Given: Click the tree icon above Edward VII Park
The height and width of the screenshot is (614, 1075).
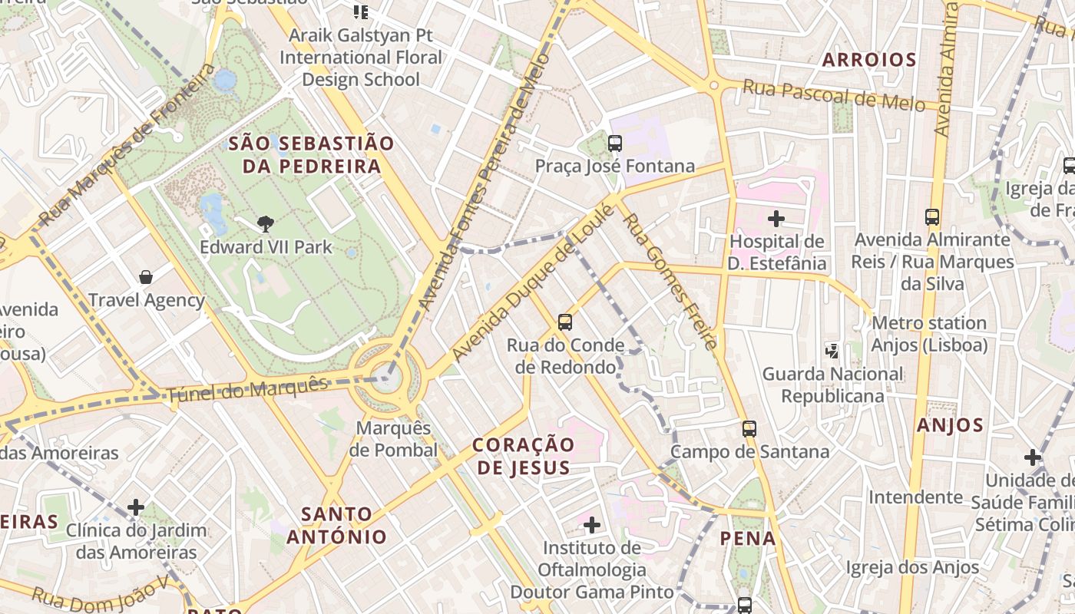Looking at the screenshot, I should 266,224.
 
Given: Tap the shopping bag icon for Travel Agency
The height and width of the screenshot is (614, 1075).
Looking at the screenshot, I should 146,277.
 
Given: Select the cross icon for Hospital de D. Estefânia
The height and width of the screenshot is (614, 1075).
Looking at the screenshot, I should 776,219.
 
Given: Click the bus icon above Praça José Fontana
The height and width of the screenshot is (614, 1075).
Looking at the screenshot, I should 614,144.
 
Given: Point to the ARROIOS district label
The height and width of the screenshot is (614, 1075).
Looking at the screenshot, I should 869,60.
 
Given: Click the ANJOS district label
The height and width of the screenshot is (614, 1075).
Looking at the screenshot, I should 950,425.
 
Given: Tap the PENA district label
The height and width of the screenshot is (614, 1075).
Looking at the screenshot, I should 748,539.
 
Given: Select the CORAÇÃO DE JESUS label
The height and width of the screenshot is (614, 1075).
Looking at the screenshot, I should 524,456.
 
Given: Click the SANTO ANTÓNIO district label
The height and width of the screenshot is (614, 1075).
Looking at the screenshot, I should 337,525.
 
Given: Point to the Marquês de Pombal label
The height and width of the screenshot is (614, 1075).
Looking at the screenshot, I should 393,438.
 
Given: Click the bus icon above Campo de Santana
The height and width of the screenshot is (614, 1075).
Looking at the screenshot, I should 749,429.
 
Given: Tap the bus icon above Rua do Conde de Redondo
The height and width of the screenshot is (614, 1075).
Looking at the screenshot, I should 565,322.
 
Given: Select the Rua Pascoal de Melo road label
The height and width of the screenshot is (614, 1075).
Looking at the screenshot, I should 833,96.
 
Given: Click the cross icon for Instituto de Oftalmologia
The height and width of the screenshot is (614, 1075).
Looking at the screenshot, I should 591,525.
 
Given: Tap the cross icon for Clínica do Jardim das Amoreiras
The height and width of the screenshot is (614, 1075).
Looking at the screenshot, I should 136,507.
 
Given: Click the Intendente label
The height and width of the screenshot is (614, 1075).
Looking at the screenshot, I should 915,497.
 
